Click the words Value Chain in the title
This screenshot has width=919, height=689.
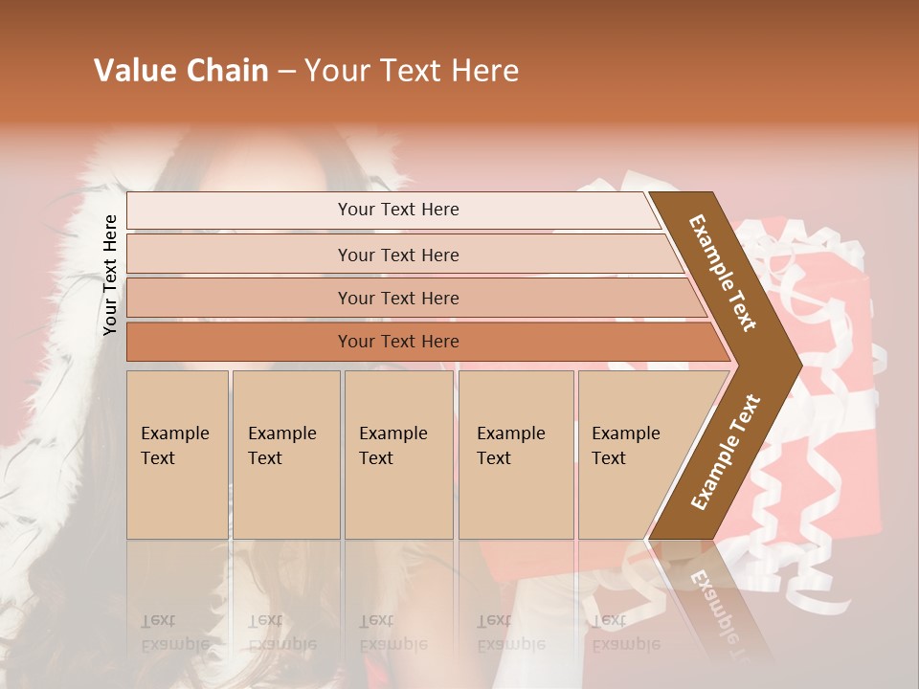(x=181, y=71)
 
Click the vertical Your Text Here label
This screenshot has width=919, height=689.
(x=111, y=275)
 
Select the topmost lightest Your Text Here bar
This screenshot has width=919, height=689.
(x=239, y=211)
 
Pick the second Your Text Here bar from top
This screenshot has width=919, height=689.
(x=239, y=255)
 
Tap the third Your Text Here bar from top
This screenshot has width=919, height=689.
(x=239, y=298)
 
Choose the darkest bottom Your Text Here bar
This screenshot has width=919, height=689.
(x=239, y=342)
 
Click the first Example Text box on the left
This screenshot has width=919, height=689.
(x=177, y=455)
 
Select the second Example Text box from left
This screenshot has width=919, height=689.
(x=286, y=455)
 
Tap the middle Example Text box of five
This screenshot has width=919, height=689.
(x=398, y=455)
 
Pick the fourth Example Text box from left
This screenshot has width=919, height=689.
(x=516, y=455)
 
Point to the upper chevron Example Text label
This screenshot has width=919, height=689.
(x=723, y=273)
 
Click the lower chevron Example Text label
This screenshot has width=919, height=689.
(x=726, y=453)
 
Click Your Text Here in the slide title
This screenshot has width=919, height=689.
(x=412, y=71)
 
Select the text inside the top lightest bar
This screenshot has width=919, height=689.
(x=398, y=210)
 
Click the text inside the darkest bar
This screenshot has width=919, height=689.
(x=398, y=342)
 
